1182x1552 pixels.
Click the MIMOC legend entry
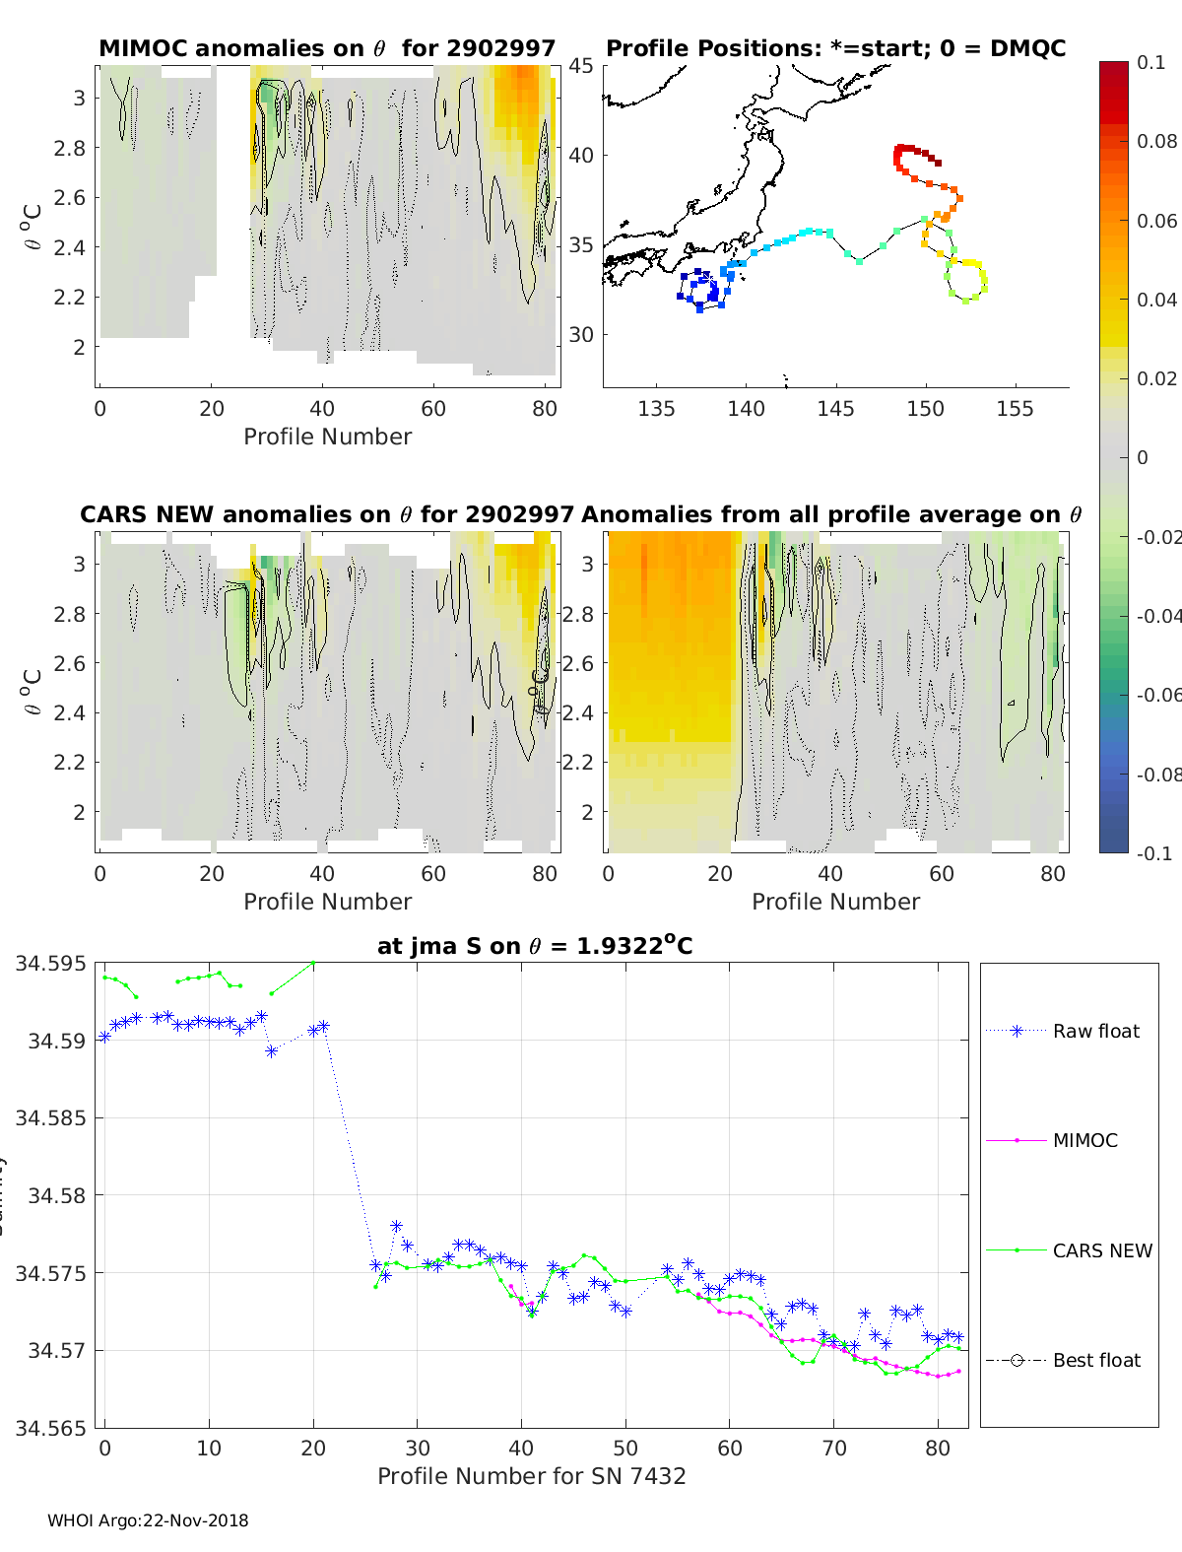[1084, 1140]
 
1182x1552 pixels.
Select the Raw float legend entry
[1095, 1031]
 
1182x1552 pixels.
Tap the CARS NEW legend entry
[1101, 1250]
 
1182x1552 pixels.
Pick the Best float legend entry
[1095, 1360]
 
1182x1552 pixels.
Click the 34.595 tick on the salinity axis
[50, 963]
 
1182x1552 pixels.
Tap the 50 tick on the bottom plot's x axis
[625, 1448]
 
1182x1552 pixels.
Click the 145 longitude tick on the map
[835, 408]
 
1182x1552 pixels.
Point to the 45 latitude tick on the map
[581, 66]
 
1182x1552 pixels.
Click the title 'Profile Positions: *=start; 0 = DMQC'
[835, 48]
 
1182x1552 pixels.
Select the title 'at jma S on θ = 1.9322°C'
[535, 946]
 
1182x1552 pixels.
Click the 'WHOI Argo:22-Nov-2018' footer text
[148, 1520]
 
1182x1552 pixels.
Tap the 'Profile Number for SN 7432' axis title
[531, 1476]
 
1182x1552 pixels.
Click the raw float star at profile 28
[396, 1226]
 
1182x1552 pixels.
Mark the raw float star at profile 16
[272, 1051]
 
